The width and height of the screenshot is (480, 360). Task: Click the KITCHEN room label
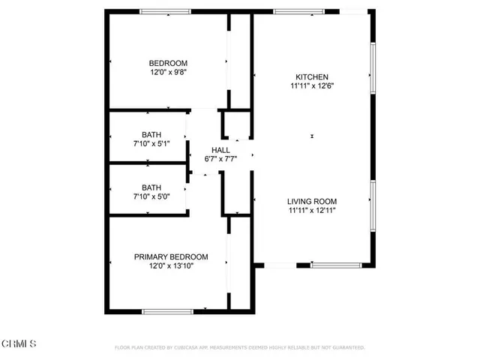click(x=312, y=76)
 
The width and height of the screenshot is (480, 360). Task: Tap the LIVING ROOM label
click(x=312, y=201)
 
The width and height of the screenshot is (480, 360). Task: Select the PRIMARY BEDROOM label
click(x=171, y=256)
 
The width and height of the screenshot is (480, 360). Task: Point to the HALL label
click(x=220, y=150)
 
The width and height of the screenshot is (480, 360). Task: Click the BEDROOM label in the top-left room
click(x=168, y=63)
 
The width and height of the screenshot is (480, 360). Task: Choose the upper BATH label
click(x=151, y=135)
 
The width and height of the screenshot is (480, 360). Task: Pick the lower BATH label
click(x=151, y=187)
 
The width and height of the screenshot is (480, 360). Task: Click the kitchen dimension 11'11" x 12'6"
click(x=312, y=85)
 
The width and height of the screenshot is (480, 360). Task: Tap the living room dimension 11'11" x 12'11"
click(x=312, y=211)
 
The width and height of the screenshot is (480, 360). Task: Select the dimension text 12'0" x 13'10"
click(x=171, y=266)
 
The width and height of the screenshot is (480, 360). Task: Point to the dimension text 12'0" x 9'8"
click(x=168, y=73)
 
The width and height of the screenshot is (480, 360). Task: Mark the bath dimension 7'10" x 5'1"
click(x=151, y=145)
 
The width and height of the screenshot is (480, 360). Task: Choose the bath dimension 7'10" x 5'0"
click(x=151, y=197)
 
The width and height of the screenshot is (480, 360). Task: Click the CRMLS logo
click(x=19, y=343)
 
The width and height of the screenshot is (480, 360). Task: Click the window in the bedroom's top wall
click(x=165, y=11)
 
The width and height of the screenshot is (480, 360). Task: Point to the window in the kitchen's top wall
click(x=298, y=11)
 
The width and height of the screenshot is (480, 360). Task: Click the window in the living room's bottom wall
click(x=335, y=264)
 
